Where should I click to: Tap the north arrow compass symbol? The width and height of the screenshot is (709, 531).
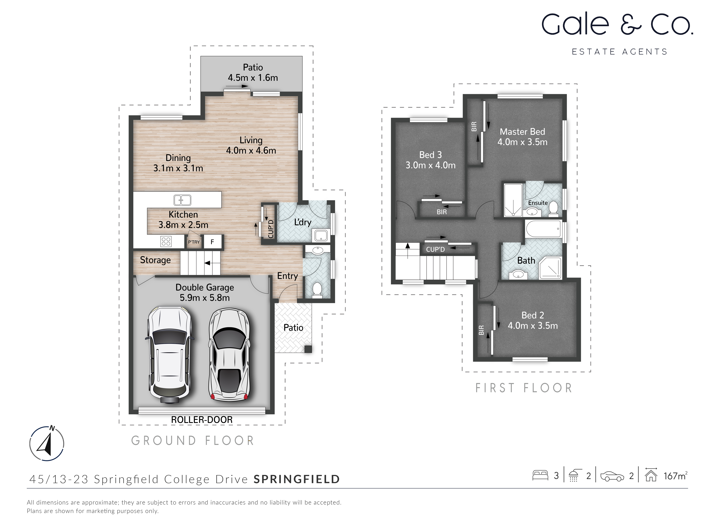[47, 444]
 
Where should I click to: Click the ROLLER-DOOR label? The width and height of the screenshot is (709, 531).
[202, 420]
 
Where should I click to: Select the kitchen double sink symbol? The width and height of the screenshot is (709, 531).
[182, 200]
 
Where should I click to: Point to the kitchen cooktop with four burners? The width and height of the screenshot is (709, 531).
[166, 241]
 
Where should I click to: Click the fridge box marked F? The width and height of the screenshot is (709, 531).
[212, 242]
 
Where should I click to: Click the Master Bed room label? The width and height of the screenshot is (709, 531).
[522, 132]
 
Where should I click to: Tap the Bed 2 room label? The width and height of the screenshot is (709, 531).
[532, 315]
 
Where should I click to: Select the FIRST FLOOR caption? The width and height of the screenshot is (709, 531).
[524, 388]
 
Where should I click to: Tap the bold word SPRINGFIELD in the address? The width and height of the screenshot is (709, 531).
[297, 479]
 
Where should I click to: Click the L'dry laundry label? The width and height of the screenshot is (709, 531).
[303, 222]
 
